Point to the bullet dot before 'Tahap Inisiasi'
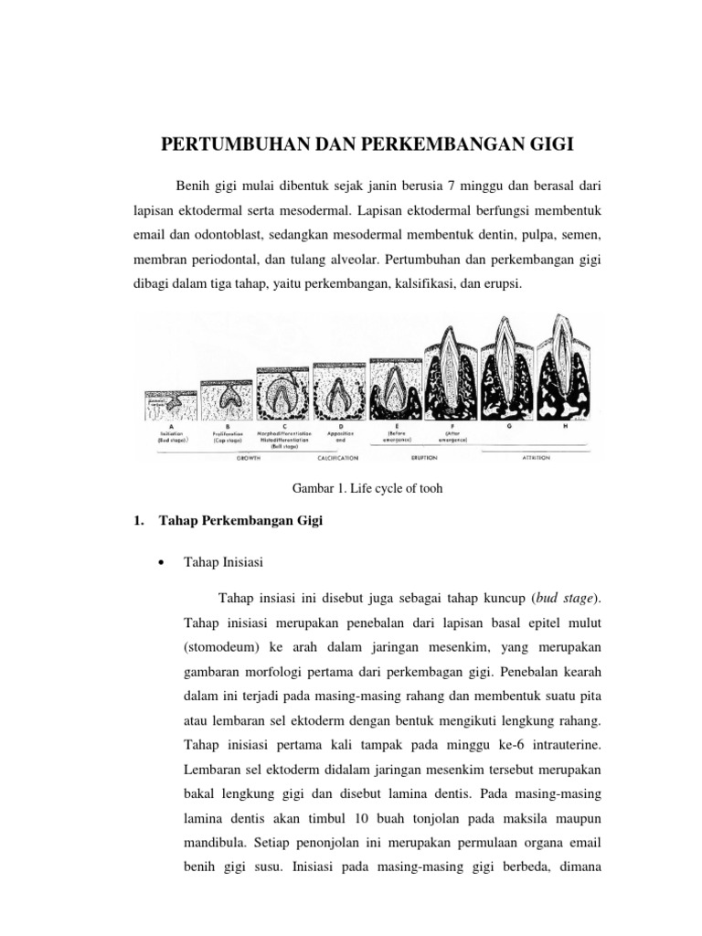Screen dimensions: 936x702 point(162,563)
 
